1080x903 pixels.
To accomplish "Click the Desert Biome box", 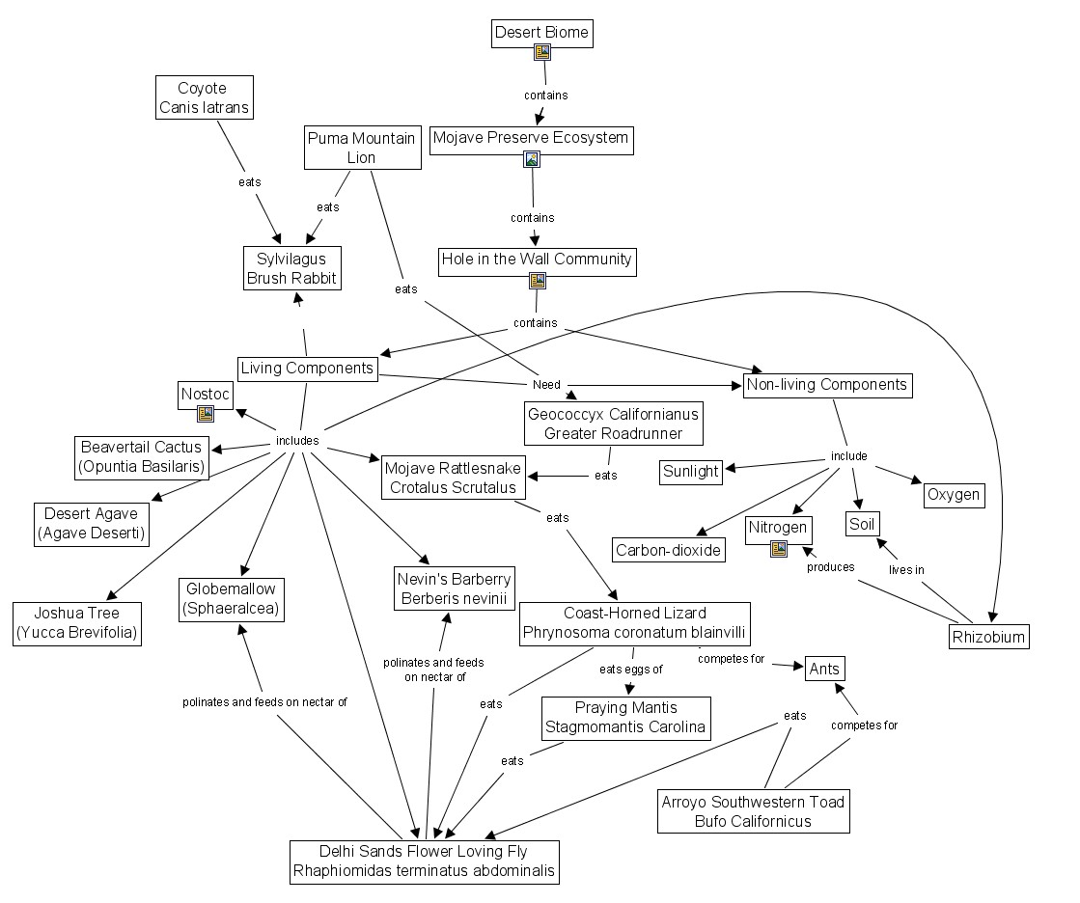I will pyautogui.click(x=540, y=33).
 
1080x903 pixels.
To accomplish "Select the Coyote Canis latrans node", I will pyautogui.click(x=205, y=97).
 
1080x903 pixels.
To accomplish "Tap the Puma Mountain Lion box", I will pyautogui.click(x=362, y=148).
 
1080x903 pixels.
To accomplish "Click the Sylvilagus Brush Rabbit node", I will pyautogui.click(x=291, y=268).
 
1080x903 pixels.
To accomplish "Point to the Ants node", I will pyautogui.click(x=824, y=669).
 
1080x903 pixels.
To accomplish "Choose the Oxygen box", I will pyautogui.click(x=955, y=495).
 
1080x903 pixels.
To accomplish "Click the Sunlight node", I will pyautogui.click(x=691, y=471).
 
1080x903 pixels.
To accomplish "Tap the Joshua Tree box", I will pyautogui.click(x=77, y=623).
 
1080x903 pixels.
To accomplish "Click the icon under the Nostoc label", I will pyautogui.click(x=206, y=414).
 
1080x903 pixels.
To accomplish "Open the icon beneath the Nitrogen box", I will pyautogui.click(x=778, y=549).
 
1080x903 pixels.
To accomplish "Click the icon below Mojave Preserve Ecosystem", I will pyautogui.click(x=531, y=159).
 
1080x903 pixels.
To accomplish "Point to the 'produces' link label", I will pyautogui.click(x=830, y=567).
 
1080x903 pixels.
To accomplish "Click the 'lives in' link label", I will pyautogui.click(x=906, y=570).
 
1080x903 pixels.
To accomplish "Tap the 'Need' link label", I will pyautogui.click(x=546, y=384).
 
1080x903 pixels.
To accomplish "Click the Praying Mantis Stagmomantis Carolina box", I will pyautogui.click(x=625, y=717).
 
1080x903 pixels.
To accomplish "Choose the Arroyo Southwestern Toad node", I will pyautogui.click(x=753, y=811).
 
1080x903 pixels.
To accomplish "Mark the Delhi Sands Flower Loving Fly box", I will pyautogui.click(x=425, y=861).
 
